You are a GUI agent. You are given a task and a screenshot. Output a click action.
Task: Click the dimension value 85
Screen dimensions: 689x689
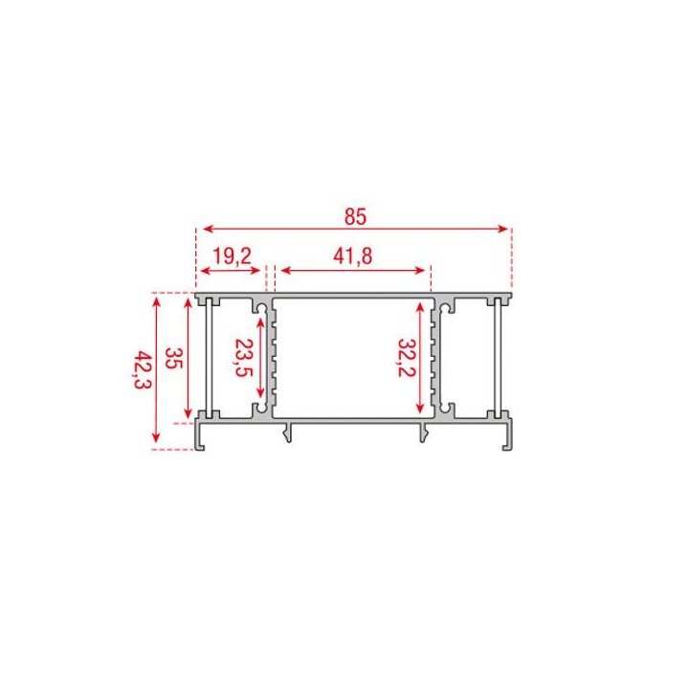tap(355, 217)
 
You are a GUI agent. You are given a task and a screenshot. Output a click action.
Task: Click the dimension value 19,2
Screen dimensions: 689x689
tap(231, 256)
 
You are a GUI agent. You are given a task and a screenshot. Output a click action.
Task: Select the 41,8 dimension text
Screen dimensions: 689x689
tap(353, 256)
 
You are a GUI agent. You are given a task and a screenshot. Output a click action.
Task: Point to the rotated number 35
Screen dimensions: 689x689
tap(173, 359)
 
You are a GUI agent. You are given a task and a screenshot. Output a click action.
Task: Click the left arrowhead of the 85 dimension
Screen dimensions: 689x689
tap(202, 229)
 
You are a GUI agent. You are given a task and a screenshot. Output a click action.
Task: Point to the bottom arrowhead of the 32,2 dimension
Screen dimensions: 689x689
tap(420, 409)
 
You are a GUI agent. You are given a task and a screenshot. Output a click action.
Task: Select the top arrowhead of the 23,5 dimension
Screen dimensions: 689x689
tap(261, 310)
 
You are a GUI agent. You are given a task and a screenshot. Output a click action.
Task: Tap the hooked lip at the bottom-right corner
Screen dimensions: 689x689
tap(504, 443)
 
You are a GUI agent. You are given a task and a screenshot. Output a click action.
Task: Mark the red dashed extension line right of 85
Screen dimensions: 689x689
tap(512, 258)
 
